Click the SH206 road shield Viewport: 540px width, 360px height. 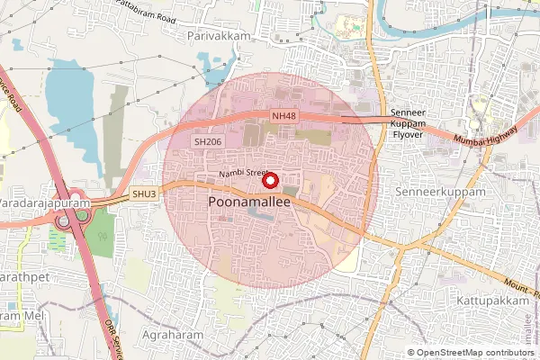(208, 142)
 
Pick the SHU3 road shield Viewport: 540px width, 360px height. (144, 193)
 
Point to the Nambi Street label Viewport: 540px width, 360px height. (243, 173)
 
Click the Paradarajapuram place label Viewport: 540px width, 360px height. (44, 204)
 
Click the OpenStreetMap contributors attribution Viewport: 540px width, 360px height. (475, 353)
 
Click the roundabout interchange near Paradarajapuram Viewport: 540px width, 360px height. (68, 217)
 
